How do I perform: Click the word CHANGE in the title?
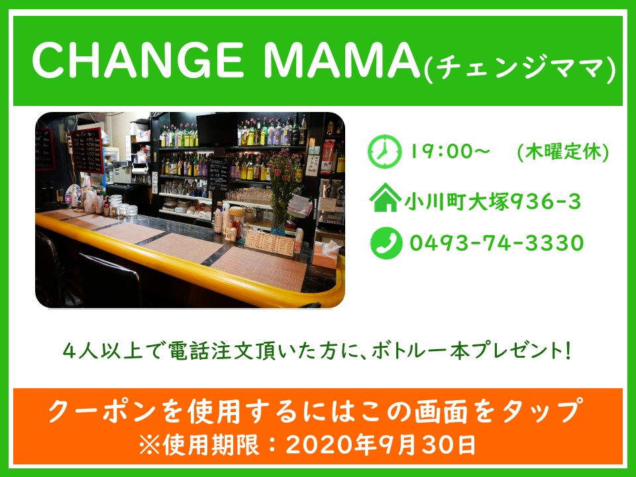tap(137, 60)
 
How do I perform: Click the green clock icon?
tap(384, 151)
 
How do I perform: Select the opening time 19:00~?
tap(450, 152)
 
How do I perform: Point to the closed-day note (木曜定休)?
tap(563, 153)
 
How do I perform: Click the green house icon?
tap(385, 197)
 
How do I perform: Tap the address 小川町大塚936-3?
tap(492, 201)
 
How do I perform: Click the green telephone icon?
tap(386, 243)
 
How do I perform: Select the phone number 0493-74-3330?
tap(496, 243)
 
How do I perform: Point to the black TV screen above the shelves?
tap(217, 129)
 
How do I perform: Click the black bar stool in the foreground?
tap(109, 280)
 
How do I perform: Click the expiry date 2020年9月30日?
tap(380, 445)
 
